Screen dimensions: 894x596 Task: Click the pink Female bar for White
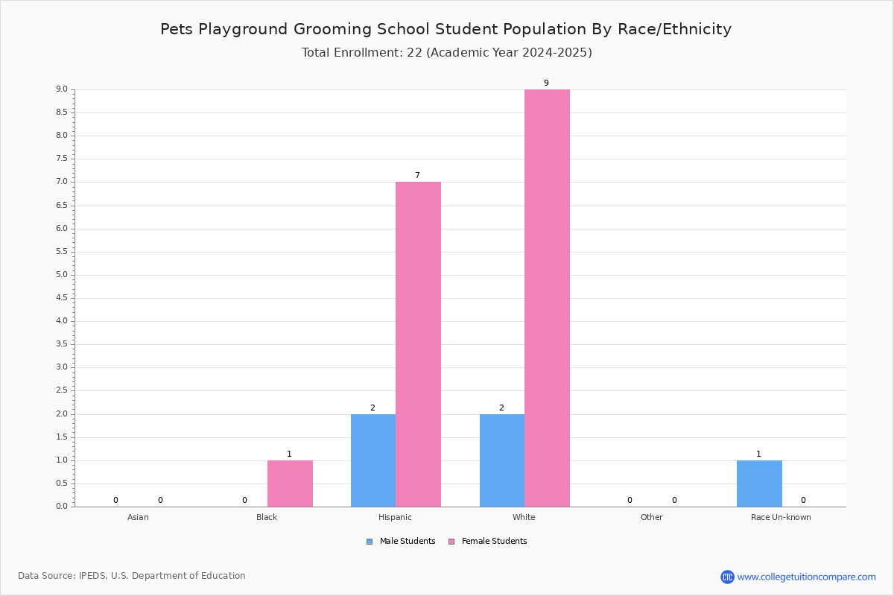click(547, 298)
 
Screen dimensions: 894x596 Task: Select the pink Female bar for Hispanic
click(418, 344)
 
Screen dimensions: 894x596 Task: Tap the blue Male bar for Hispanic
click(373, 460)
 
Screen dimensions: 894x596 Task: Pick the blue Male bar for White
click(502, 460)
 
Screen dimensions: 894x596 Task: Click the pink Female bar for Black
click(290, 484)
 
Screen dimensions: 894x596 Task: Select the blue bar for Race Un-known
click(759, 484)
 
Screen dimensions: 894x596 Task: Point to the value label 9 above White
click(546, 83)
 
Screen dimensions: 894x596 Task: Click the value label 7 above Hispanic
click(417, 175)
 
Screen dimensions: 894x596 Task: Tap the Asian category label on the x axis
click(138, 517)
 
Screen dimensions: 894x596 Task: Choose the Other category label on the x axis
click(651, 517)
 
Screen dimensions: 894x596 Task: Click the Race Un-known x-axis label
click(781, 517)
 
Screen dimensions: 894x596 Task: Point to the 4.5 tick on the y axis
click(62, 298)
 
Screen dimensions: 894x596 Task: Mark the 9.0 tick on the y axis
click(62, 89)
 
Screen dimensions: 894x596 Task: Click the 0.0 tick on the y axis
click(62, 506)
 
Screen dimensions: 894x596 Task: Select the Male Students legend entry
click(401, 541)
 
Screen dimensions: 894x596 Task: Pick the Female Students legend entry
click(488, 541)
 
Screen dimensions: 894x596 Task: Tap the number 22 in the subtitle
click(414, 52)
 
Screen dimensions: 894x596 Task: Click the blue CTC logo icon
click(727, 577)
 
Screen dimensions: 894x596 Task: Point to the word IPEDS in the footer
click(92, 576)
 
